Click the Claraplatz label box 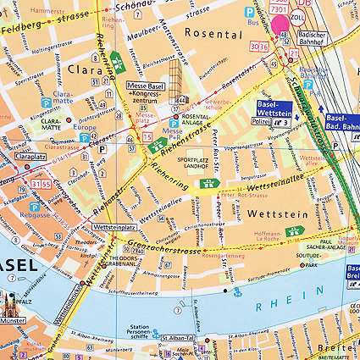(x=30, y=157)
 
